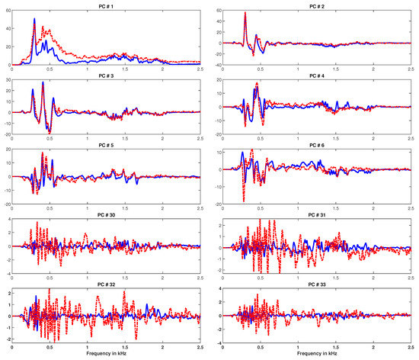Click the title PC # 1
107,5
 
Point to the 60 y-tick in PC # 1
8,10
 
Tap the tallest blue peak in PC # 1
34,19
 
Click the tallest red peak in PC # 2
245,13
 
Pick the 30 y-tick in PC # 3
8,79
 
